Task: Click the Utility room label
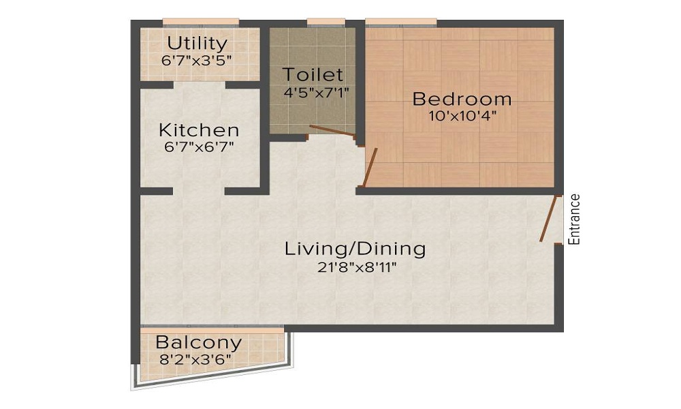point(197,43)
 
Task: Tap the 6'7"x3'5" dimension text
point(197,60)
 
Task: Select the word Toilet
point(313,74)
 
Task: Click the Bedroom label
point(462,99)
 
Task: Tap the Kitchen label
point(199,130)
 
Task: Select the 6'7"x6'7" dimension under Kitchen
point(198,146)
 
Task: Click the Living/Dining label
point(355,248)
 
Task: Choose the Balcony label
point(198,342)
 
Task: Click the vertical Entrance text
point(575,219)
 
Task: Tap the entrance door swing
point(548,219)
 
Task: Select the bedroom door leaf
point(370,166)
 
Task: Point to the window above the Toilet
point(326,23)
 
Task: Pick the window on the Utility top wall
point(201,23)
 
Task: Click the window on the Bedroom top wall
point(401,23)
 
